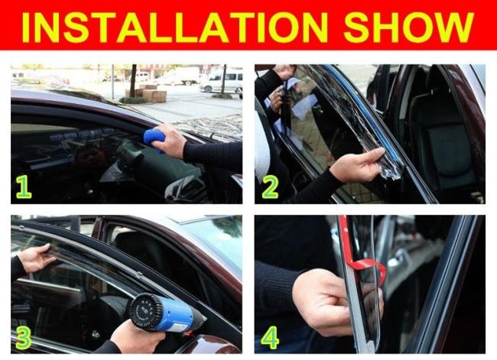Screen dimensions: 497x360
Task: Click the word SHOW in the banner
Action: coord(408,28)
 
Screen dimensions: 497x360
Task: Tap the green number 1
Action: coord(24,187)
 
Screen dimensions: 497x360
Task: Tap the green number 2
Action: coord(270,187)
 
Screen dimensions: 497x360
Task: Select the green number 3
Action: coord(24,338)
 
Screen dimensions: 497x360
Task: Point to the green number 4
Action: coord(270,338)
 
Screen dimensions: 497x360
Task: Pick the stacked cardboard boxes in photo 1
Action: coord(151,92)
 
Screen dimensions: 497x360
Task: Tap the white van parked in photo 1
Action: coord(221,82)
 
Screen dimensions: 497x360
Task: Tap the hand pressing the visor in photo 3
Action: coord(34,258)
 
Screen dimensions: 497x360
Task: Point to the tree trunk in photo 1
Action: coord(134,81)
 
